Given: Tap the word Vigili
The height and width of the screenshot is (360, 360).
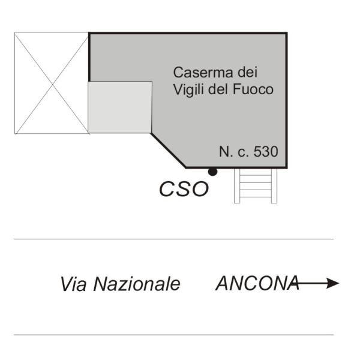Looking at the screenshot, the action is click(189, 90).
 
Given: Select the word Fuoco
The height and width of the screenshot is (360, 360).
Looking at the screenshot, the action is click(253, 89).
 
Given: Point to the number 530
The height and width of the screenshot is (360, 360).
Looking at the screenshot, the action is click(266, 152).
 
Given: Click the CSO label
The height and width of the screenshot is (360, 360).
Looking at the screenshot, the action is click(184, 189).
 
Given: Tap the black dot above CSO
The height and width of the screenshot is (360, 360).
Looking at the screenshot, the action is click(212, 172).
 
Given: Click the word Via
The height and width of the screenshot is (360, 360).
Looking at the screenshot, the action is click(74, 284).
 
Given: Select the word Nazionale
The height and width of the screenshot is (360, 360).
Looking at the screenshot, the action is click(137, 284).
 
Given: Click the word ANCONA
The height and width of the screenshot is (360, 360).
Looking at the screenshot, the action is click(257, 283).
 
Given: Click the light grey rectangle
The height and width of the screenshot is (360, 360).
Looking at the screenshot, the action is click(120, 107).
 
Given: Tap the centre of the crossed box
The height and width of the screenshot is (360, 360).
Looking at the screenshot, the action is click(52, 85).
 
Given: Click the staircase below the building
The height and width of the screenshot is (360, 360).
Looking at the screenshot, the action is click(256, 186).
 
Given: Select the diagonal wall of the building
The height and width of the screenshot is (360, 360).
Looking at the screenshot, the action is click(168, 151).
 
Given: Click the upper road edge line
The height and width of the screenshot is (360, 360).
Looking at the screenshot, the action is click(173, 239).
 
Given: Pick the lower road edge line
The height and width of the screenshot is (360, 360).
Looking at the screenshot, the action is click(173, 335).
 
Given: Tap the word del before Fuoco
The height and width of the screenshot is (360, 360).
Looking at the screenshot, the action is click(218, 89).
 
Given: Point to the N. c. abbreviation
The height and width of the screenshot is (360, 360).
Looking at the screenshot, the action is click(234, 152).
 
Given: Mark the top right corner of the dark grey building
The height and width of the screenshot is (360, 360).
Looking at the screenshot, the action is click(287, 33).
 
